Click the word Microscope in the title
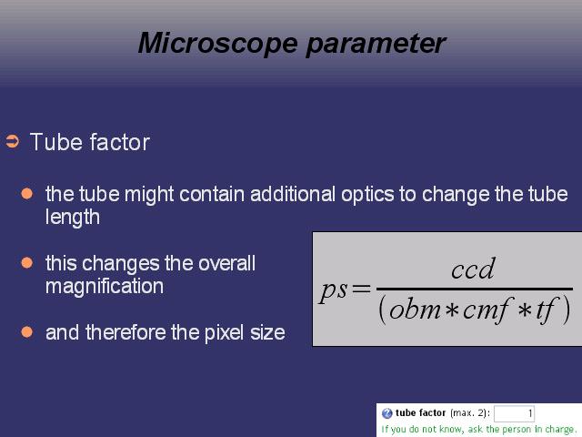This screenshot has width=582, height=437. [x=218, y=43]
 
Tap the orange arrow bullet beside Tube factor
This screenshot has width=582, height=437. [x=12, y=142]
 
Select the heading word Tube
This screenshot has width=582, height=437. [x=56, y=142]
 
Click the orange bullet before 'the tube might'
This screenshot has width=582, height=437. [x=26, y=194]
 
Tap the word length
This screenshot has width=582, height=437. [x=73, y=218]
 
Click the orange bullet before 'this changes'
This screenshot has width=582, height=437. [x=26, y=263]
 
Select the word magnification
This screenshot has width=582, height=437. [x=105, y=286]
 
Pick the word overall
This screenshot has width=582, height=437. [x=226, y=263]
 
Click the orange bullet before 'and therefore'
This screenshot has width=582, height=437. [x=26, y=331]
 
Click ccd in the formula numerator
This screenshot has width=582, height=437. [x=473, y=269]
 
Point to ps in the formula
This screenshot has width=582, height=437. [x=333, y=290]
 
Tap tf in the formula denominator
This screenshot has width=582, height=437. [x=546, y=310]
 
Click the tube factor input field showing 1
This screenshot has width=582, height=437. [x=514, y=413]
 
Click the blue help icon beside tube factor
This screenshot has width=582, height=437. [x=387, y=413]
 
